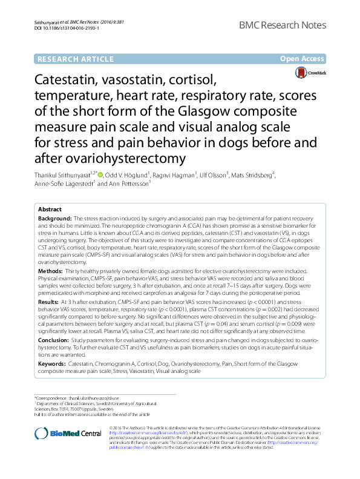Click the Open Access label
[303, 59]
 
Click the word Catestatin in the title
[71, 80]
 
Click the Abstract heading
[50, 209]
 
